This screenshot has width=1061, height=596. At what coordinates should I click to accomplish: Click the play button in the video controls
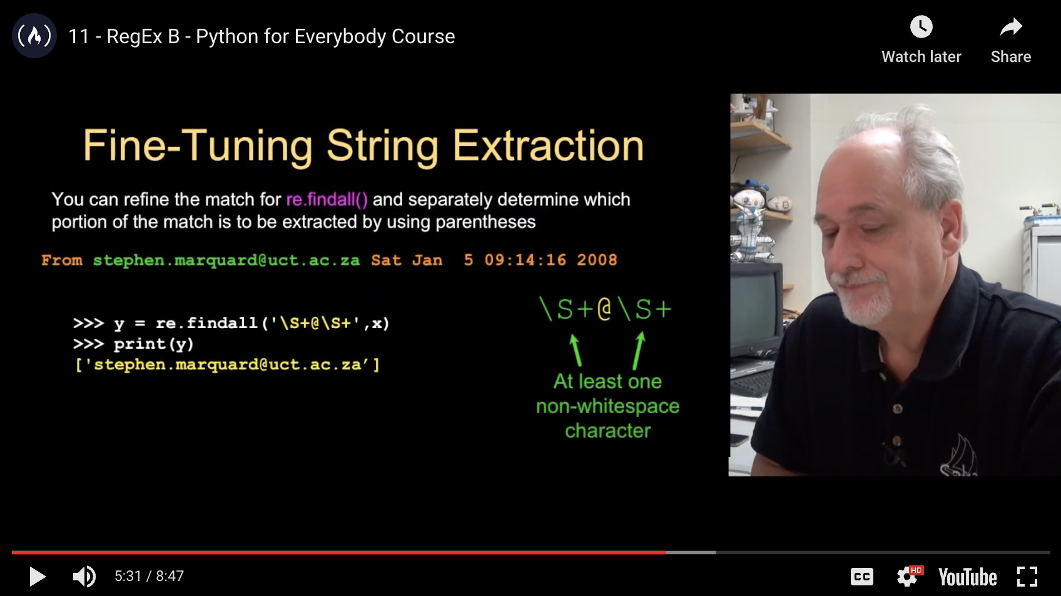click(x=38, y=577)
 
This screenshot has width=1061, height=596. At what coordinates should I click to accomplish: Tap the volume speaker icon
click(x=84, y=577)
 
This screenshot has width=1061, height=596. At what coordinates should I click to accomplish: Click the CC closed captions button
click(x=861, y=577)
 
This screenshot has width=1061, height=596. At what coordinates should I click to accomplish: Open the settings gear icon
click(x=907, y=577)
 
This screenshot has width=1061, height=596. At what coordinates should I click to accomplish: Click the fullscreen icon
click(x=1027, y=577)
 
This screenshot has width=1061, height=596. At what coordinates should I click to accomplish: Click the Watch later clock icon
click(x=921, y=26)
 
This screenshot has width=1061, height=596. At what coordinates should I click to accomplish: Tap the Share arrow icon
click(x=1011, y=27)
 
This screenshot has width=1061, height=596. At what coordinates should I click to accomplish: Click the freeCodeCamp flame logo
click(x=34, y=36)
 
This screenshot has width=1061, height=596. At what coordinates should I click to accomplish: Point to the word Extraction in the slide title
click(x=548, y=146)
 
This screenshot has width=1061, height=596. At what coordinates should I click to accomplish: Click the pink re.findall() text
click(x=327, y=200)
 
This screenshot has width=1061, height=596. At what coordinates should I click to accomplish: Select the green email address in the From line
click(x=226, y=260)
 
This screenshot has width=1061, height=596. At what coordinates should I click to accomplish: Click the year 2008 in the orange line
click(x=597, y=260)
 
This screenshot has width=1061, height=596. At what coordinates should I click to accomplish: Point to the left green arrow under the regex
click(x=576, y=350)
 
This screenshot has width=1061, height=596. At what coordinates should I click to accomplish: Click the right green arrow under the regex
click(x=639, y=351)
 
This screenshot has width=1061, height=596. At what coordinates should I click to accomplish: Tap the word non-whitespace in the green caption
click(x=607, y=406)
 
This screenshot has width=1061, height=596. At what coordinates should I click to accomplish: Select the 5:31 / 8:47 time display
click(x=149, y=576)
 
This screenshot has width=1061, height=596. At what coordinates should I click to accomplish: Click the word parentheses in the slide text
click(x=485, y=222)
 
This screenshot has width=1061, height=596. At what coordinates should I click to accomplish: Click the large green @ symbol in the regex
click(x=604, y=309)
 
